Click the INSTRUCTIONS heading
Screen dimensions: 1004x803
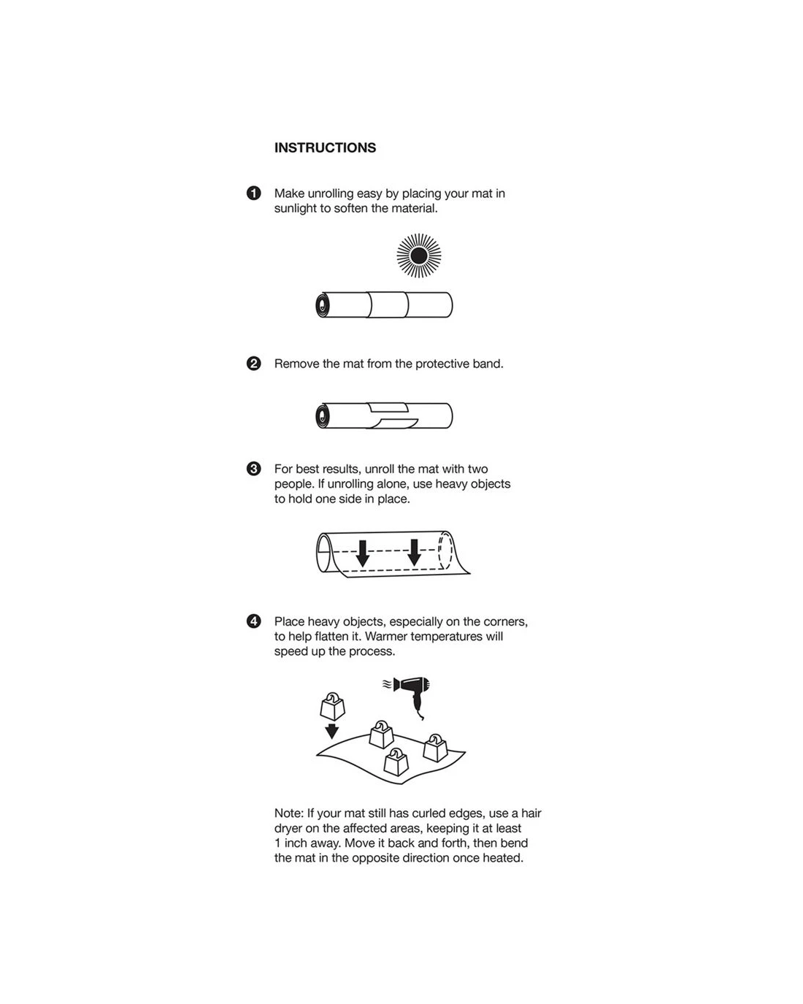[325, 147]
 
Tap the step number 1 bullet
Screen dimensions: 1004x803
[253, 193]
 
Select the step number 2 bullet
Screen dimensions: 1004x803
[253, 364]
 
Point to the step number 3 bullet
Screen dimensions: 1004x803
[253, 469]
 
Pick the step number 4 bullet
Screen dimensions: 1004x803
[253, 621]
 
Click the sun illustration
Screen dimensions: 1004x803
[419, 256]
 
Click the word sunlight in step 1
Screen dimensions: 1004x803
[296, 208]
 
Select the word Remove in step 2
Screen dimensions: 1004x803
[296, 364]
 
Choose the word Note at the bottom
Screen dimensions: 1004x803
[288, 813]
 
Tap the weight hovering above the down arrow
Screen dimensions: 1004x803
[332, 705]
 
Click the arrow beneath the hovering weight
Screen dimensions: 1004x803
[331, 731]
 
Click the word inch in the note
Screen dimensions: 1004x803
[296, 843]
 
